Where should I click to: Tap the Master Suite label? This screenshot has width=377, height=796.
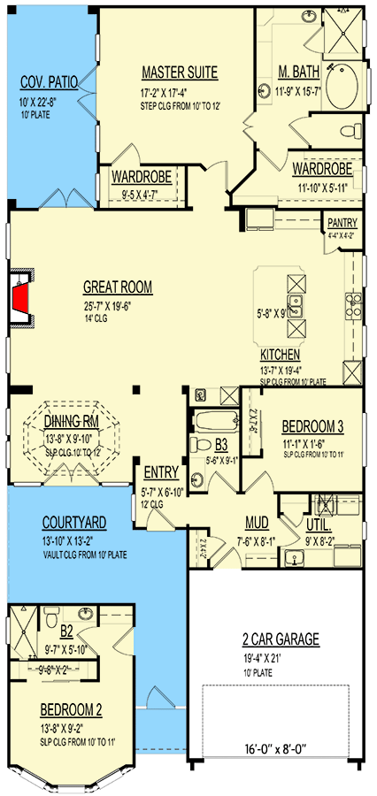click(x=179, y=73)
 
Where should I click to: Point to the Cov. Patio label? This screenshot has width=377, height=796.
click(x=49, y=84)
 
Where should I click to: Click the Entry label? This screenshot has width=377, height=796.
click(x=160, y=472)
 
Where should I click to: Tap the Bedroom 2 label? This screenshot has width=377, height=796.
click(x=71, y=709)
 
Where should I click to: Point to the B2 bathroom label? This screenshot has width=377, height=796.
click(x=67, y=631)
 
